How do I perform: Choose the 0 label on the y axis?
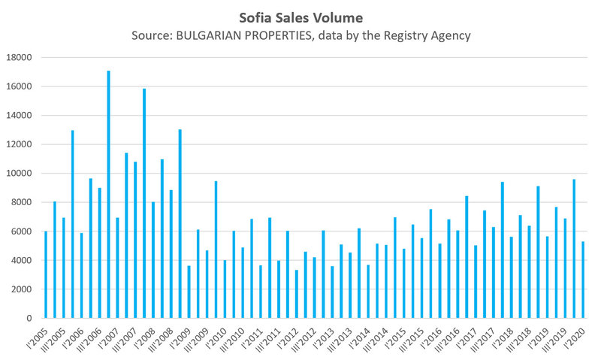point(29,319)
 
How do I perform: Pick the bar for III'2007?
point(135,240)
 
